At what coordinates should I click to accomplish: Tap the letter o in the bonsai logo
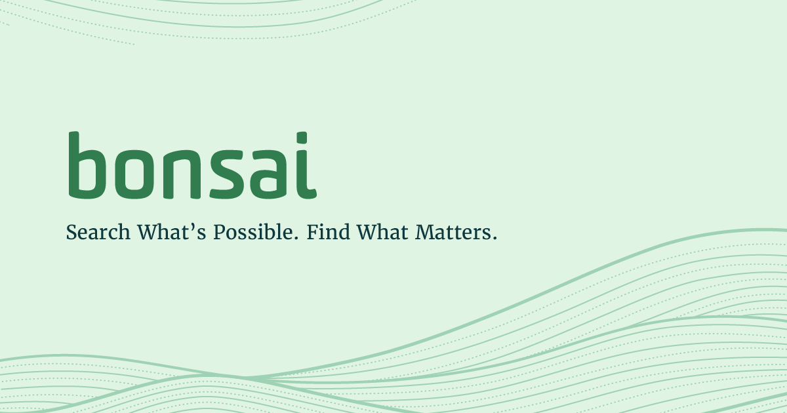coord(136,174)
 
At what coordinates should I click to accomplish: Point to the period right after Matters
coord(493,239)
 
